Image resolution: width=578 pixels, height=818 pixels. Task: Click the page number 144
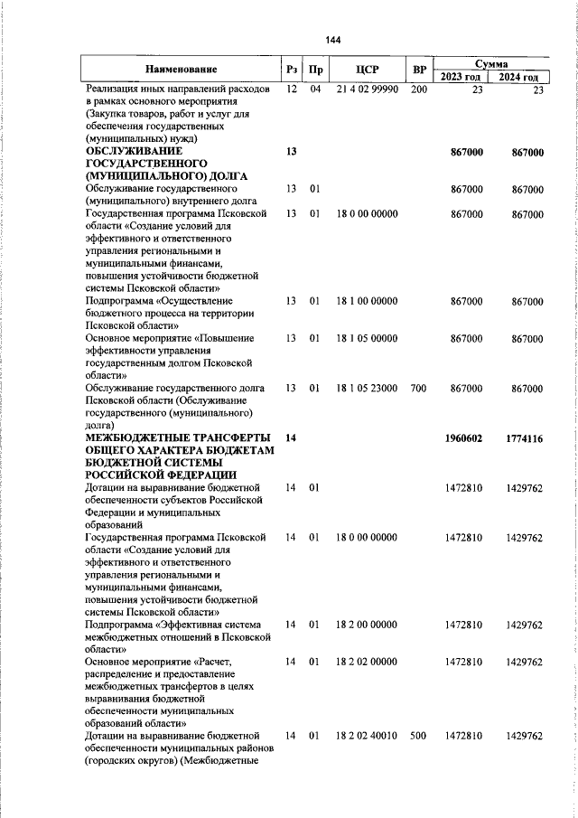click(x=333, y=40)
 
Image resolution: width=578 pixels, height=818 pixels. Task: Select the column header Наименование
click(x=181, y=70)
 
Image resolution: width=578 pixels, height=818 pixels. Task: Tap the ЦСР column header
click(x=366, y=70)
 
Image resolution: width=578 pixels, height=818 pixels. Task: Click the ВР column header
click(x=418, y=70)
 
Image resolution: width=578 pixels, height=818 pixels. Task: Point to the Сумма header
click(x=491, y=63)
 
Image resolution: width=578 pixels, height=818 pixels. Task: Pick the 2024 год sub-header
click(x=521, y=77)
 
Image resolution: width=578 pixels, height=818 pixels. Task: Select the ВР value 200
click(x=418, y=90)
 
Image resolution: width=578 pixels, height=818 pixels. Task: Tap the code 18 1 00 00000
click(x=366, y=300)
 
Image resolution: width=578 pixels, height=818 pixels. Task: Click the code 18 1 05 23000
click(x=366, y=388)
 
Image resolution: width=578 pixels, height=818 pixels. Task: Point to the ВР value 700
click(x=418, y=388)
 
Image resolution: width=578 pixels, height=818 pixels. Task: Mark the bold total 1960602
click(x=464, y=438)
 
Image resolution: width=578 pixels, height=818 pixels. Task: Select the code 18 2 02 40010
click(x=366, y=737)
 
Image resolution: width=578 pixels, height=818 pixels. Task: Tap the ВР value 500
click(x=418, y=737)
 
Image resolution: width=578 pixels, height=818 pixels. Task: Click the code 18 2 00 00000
click(x=366, y=625)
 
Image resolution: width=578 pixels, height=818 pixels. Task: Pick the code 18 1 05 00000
click(x=366, y=338)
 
